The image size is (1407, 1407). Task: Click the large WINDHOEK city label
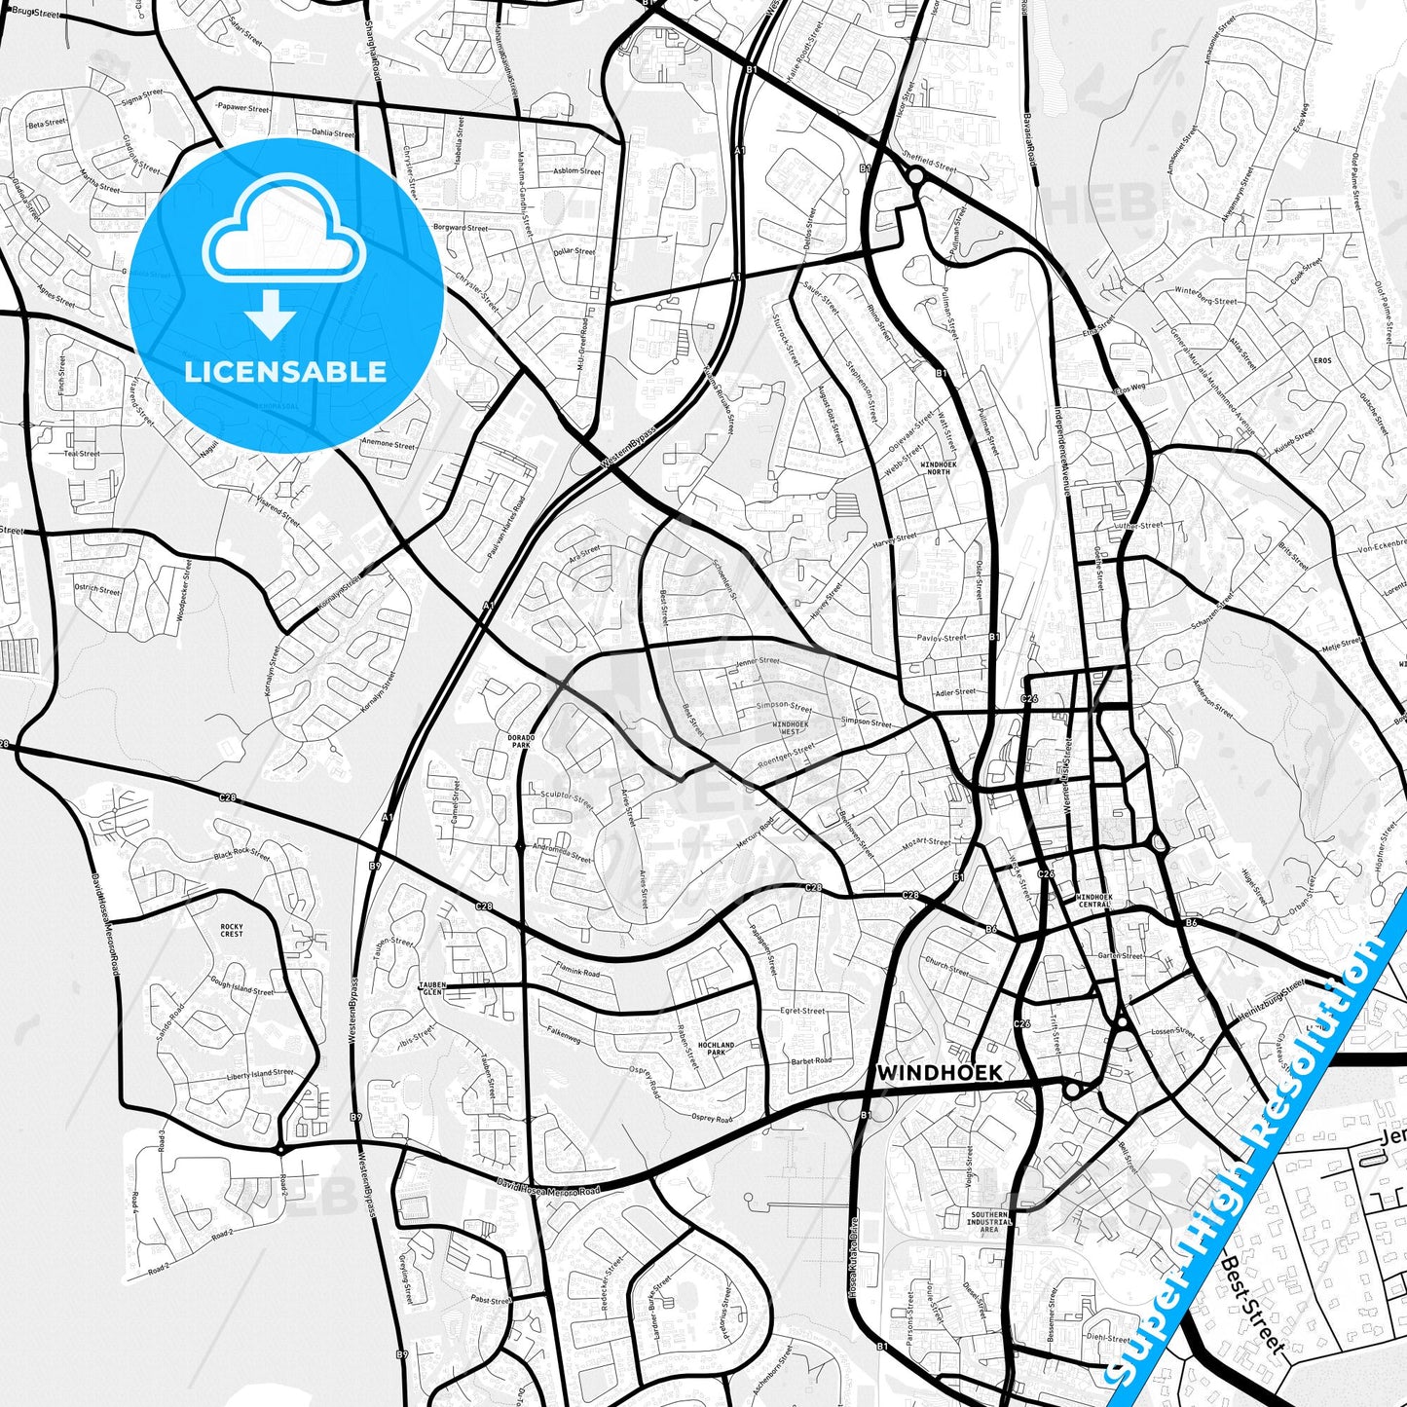tap(939, 1072)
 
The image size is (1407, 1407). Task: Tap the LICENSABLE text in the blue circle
tap(285, 372)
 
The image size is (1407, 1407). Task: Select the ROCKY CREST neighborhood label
tap(232, 931)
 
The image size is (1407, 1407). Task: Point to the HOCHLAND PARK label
tap(717, 1048)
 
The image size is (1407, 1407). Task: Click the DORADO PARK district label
tap(521, 742)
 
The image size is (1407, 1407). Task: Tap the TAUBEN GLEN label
tap(430, 988)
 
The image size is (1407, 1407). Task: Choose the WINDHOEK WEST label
tap(790, 727)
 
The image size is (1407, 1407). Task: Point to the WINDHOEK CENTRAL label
tap(1093, 900)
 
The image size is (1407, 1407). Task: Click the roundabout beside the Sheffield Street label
tap(915, 175)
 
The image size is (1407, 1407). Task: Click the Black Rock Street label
tap(241, 855)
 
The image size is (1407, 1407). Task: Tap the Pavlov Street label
tap(941, 639)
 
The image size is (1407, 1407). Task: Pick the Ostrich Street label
tap(97, 590)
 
